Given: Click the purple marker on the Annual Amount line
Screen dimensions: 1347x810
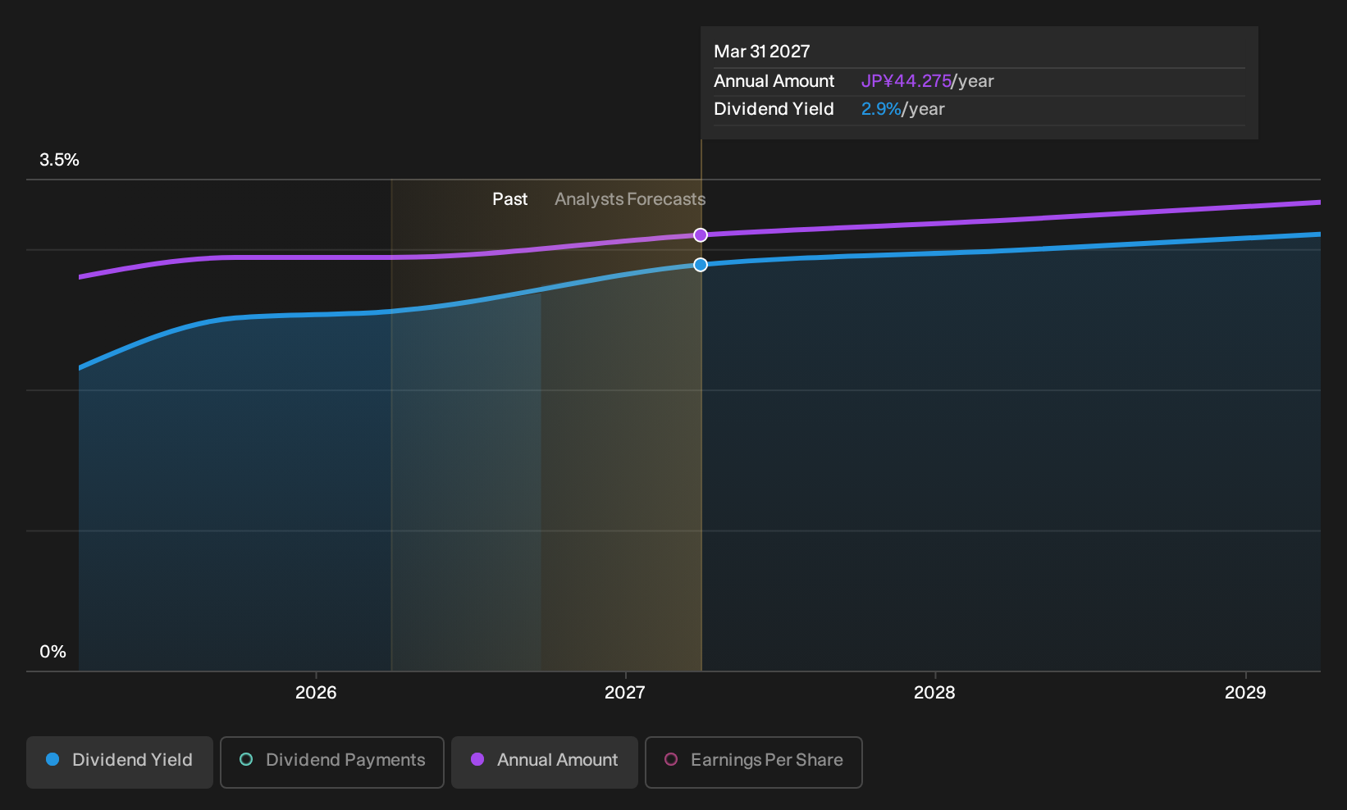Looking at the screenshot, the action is (x=701, y=235).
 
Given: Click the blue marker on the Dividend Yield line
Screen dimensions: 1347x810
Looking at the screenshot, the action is (x=701, y=264).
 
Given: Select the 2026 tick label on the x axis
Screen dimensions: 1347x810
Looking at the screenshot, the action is (x=316, y=693).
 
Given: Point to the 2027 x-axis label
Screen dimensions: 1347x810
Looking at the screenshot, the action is (x=625, y=693).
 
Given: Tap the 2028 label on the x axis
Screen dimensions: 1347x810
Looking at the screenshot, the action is (x=934, y=693).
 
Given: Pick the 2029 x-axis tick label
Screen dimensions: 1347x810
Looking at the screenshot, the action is (x=1245, y=693).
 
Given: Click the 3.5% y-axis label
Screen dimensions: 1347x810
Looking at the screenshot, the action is (x=59, y=160).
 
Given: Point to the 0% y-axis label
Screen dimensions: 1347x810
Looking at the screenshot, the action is (x=53, y=652).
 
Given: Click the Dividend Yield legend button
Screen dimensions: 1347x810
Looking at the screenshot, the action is (x=120, y=762).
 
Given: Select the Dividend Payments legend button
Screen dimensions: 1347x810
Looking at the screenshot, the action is (x=332, y=762).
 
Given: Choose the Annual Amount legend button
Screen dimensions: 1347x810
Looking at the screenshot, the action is (x=544, y=762).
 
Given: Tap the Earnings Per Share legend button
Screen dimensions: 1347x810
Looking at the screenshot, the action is (x=753, y=762).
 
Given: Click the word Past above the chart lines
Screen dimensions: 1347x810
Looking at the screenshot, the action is (x=510, y=199).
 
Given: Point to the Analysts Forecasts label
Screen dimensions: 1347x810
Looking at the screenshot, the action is (x=629, y=199).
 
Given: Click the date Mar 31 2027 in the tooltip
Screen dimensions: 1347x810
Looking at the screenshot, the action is (x=761, y=52).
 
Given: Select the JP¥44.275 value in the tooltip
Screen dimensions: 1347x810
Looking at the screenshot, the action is (x=906, y=81).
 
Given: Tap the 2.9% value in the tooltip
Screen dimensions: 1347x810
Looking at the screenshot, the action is (x=881, y=109).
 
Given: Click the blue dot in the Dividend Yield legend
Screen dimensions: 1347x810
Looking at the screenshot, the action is (x=53, y=759).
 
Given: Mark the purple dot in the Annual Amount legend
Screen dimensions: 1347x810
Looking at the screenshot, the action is (x=477, y=759).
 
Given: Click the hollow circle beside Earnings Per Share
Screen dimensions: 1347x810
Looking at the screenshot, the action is (x=671, y=759).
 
